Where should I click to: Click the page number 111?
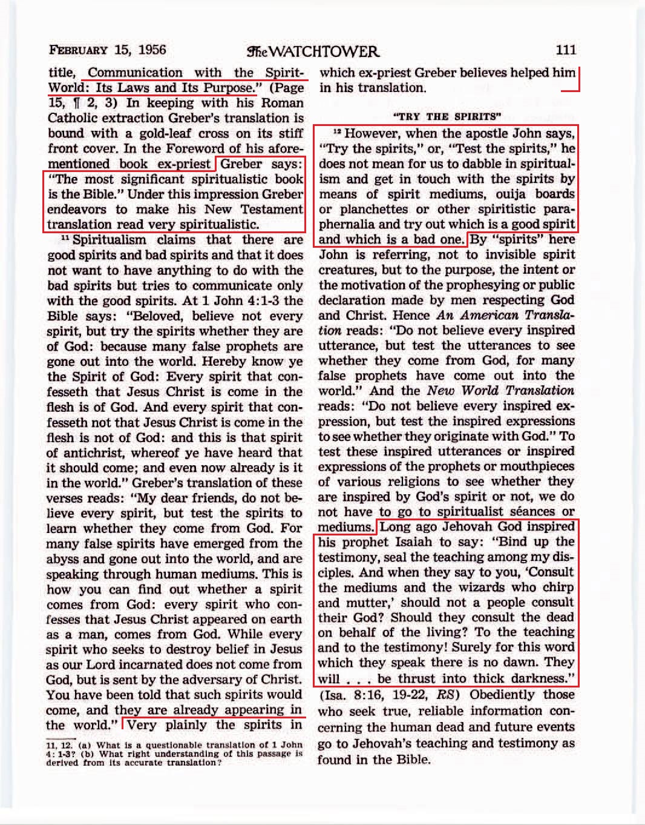click(x=566, y=50)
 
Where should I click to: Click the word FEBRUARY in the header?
click(x=79, y=50)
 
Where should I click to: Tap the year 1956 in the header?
click(x=152, y=50)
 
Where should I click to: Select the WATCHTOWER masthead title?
click(x=313, y=51)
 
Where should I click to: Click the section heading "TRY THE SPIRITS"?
click(x=447, y=116)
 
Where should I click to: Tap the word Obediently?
click(x=512, y=695)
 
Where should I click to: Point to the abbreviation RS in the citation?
click(x=445, y=695)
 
